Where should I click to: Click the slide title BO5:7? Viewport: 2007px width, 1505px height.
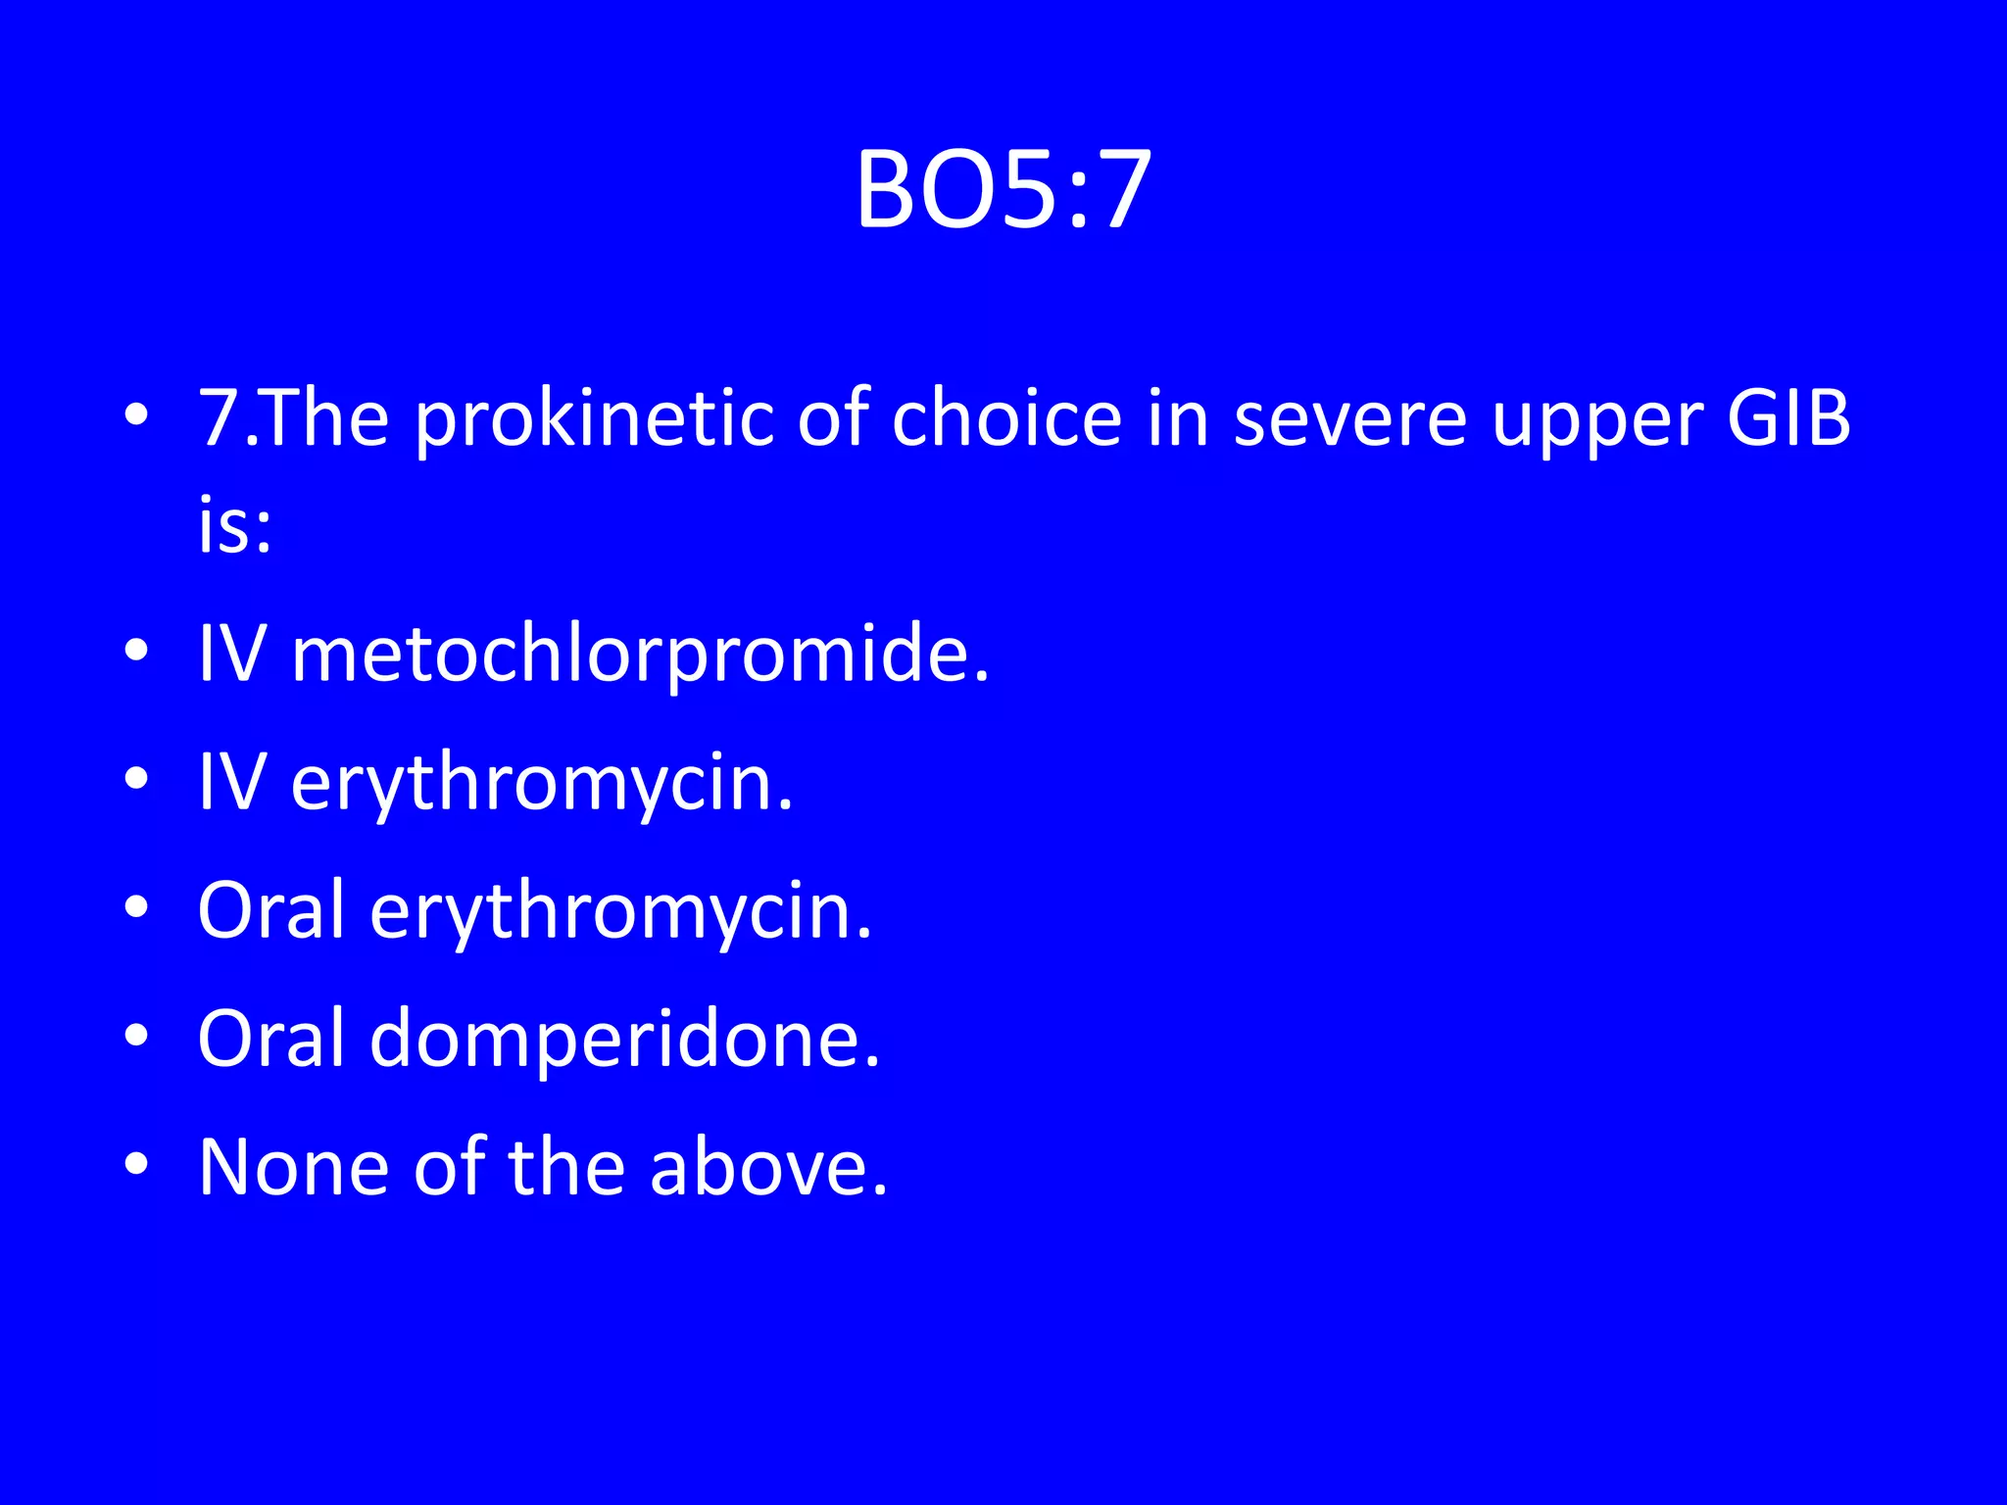[x=1003, y=190]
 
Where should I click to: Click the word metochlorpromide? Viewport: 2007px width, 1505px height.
[x=641, y=655]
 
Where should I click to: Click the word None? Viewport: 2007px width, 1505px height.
[x=293, y=1167]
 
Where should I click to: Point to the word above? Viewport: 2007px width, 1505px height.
[x=768, y=1167]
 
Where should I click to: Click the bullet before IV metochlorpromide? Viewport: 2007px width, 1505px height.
[x=136, y=651]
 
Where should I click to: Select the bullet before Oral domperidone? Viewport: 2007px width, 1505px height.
[x=136, y=1036]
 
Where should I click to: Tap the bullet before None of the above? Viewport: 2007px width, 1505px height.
[x=136, y=1164]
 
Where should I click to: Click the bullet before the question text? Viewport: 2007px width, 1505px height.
[x=136, y=415]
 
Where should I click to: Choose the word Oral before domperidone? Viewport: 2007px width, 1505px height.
[x=271, y=1039]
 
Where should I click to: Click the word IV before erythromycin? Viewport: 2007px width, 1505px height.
[x=231, y=783]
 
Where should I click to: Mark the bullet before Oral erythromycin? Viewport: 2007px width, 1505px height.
[x=136, y=907]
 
